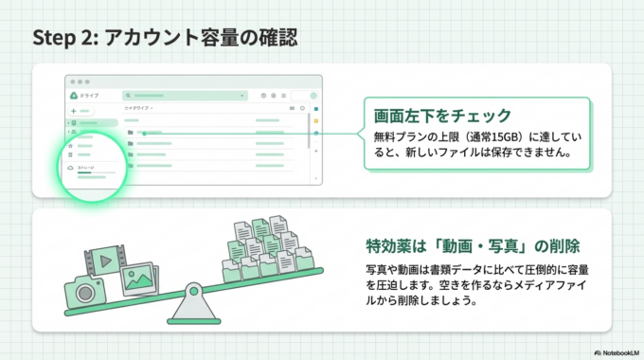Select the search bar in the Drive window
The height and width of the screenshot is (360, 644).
coord(185,96)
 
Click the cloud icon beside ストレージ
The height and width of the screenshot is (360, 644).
coord(71,167)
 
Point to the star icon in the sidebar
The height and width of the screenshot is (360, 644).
coord(71,146)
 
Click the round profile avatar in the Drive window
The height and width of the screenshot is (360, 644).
coord(313,96)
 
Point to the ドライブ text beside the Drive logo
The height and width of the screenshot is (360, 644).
coord(89,96)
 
